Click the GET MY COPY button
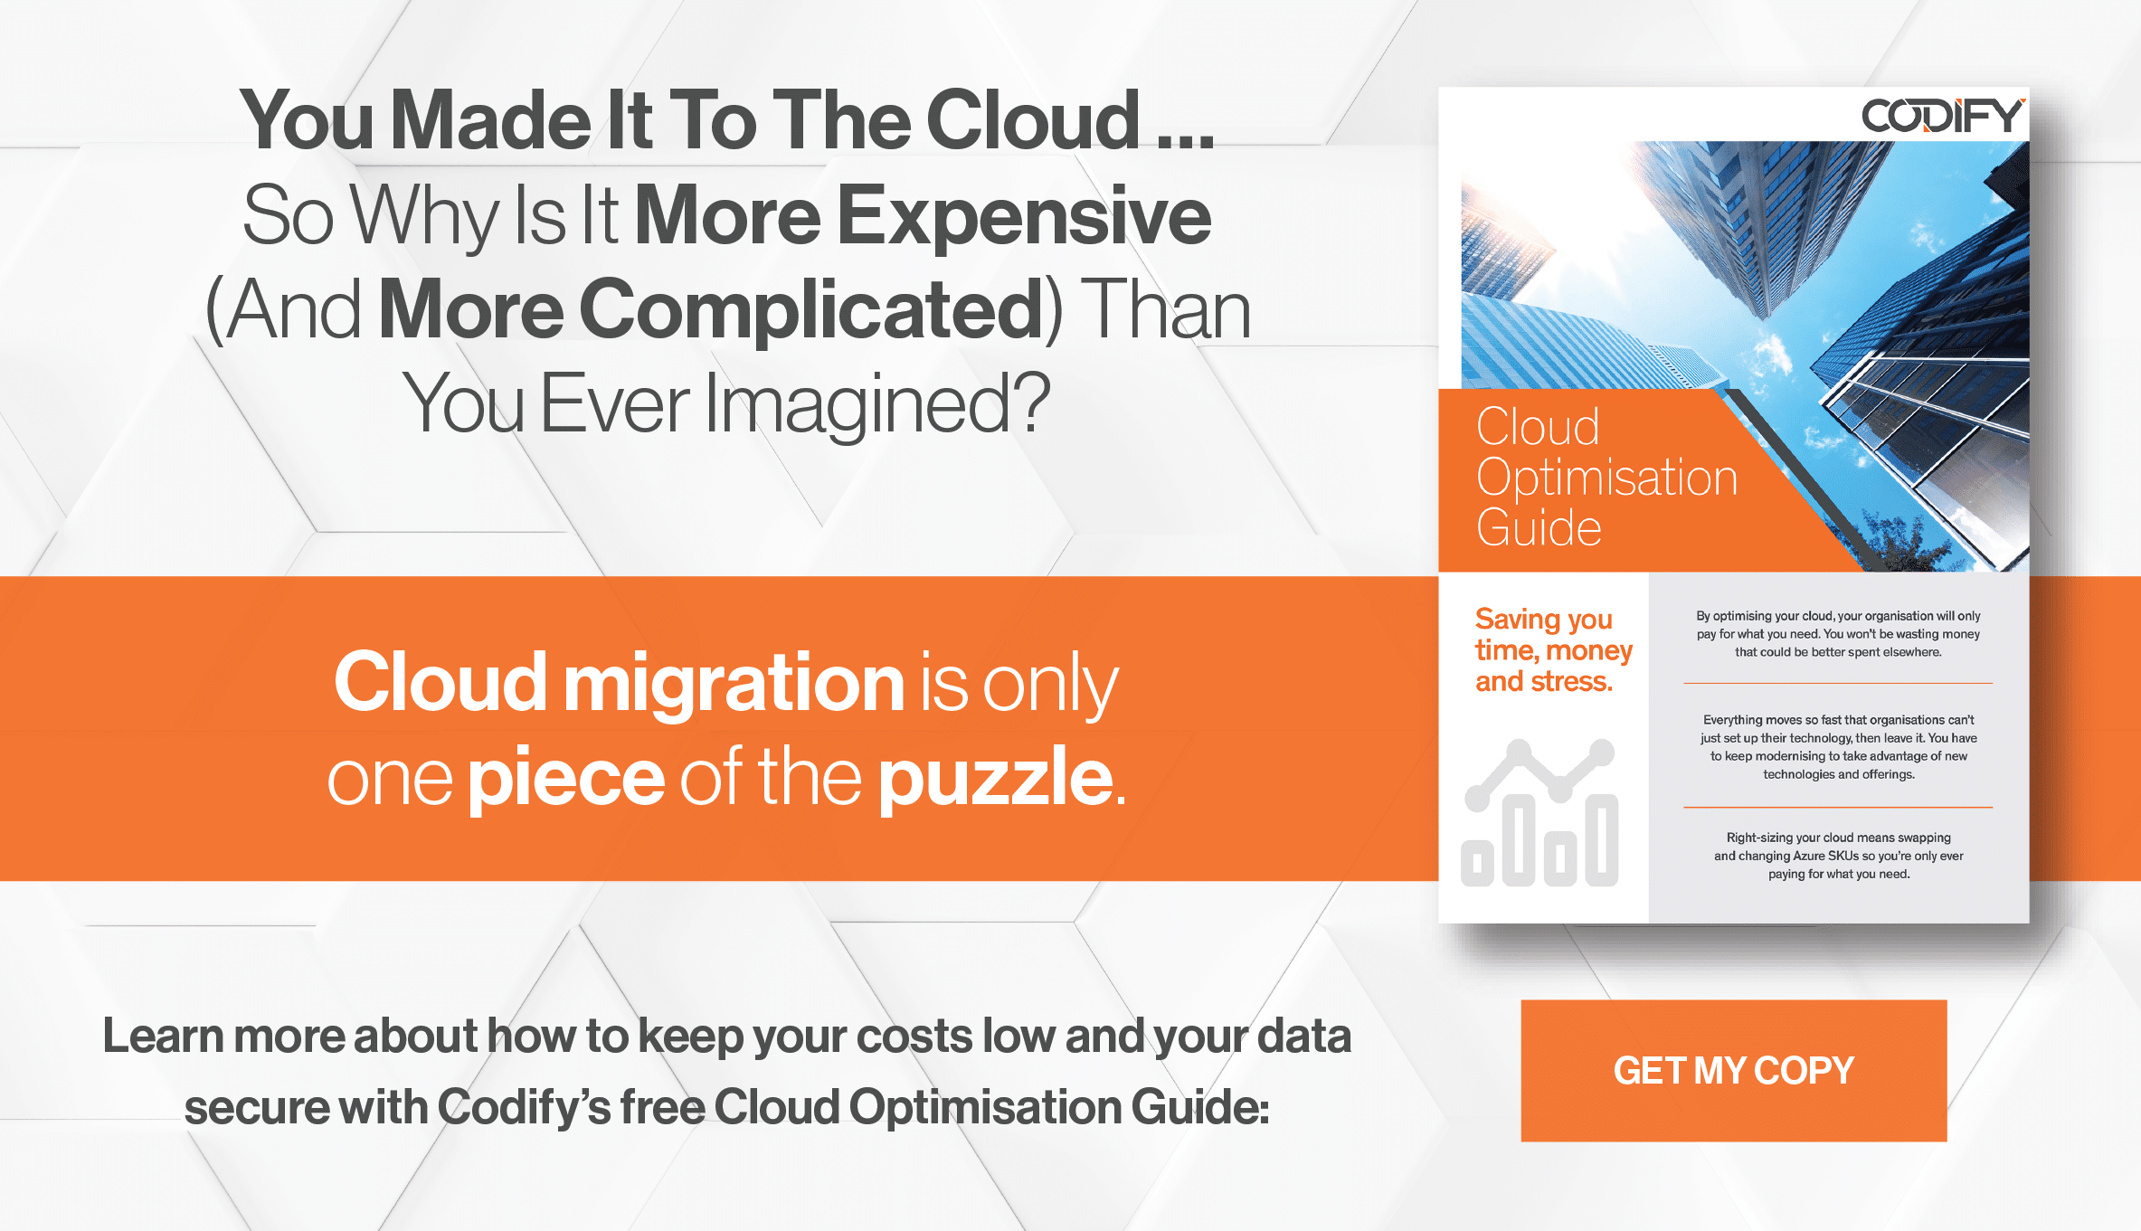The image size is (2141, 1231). (x=1733, y=1070)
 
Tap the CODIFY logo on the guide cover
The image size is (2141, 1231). (x=1941, y=116)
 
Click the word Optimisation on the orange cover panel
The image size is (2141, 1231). (x=1606, y=478)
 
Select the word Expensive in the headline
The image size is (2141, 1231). (x=1024, y=217)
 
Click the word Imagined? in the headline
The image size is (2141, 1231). (x=877, y=404)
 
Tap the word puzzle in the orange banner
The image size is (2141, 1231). (x=996, y=778)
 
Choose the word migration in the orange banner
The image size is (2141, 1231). (x=734, y=683)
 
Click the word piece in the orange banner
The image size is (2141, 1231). (x=566, y=778)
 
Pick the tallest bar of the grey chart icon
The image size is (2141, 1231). (x=1519, y=841)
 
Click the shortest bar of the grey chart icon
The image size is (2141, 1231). (x=1477, y=865)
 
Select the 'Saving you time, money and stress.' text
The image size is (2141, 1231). (x=1552, y=650)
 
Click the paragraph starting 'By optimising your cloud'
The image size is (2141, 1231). (x=1837, y=634)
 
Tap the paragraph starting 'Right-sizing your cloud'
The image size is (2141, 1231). (x=1838, y=856)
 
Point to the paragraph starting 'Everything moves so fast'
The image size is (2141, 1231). (x=1838, y=747)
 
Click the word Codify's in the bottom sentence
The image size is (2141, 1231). (x=524, y=1107)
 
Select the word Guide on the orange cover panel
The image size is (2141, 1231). (x=1539, y=528)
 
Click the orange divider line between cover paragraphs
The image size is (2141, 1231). (x=1837, y=807)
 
